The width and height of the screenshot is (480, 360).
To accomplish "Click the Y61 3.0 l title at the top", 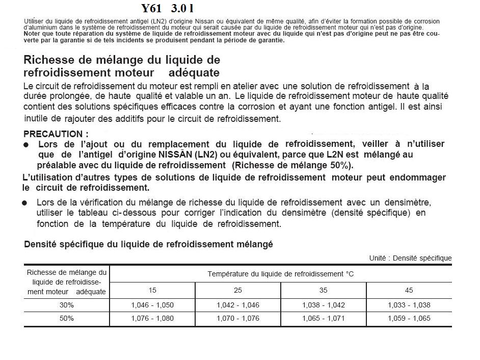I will pyautogui.click(x=168, y=9).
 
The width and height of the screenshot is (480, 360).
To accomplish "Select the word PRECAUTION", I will pyautogui.click(x=54, y=134).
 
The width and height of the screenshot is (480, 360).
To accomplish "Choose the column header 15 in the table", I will pyautogui.click(x=152, y=290).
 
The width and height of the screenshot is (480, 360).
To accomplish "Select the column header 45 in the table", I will pyautogui.click(x=409, y=290).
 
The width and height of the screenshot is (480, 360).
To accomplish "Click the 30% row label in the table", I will pyautogui.click(x=66, y=305).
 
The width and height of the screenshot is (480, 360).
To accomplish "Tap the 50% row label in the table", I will pyautogui.click(x=66, y=318).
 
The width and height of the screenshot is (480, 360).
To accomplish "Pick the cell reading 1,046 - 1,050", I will pyautogui.click(x=152, y=305).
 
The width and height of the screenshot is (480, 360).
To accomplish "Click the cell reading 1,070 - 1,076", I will pyautogui.click(x=238, y=318).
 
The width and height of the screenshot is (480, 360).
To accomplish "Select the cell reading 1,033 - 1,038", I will pyautogui.click(x=409, y=305).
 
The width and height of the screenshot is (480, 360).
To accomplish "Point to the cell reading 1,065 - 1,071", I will pyautogui.click(x=324, y=318).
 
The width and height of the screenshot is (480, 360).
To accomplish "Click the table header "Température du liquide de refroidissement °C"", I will pyautogui.click(x=280, y=274).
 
